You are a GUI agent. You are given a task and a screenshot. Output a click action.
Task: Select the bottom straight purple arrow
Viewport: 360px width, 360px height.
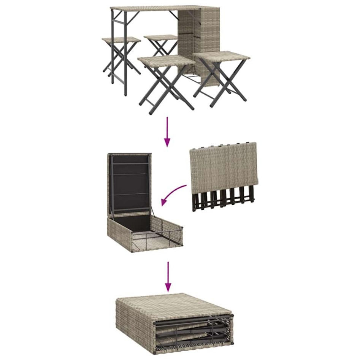(168, 276)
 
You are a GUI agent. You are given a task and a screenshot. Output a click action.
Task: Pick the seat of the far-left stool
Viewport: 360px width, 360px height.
(121, 39)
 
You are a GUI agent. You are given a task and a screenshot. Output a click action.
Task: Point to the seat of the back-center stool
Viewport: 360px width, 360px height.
(161, 37)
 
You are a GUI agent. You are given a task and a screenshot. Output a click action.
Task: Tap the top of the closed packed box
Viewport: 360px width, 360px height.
(175, 304)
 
